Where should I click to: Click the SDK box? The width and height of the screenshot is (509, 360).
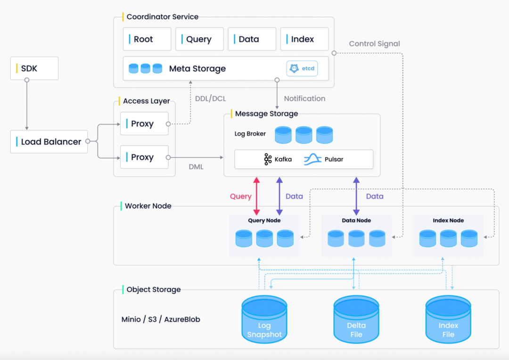point(34,68)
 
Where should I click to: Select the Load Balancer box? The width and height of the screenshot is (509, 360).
point(49,141)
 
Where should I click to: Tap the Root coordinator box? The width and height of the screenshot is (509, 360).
point(147,39)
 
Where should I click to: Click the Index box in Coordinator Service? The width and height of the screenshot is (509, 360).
point(304,39)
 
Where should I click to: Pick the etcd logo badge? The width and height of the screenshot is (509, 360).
point(302,68)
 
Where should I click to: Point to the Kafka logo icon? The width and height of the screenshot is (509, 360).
point(268,159)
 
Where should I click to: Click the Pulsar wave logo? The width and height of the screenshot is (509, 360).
point(312,159)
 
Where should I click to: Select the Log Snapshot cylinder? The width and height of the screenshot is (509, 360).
point(264,319)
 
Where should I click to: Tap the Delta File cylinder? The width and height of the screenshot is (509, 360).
point(356,319)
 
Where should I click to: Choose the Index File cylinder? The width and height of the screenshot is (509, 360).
point(448,319)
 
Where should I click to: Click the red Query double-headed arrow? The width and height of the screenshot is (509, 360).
point(256,196)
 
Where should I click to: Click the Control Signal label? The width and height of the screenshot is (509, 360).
point(374,43)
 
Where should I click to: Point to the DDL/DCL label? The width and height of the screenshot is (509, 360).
point(210,98)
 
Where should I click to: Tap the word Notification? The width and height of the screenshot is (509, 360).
point(304,98)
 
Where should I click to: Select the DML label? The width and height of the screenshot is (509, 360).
point(196,167)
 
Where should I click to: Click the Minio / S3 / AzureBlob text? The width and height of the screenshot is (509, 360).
point(161,319)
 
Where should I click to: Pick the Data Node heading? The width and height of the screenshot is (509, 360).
point(356,221)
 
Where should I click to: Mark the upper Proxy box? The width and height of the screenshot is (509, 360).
point(145,123)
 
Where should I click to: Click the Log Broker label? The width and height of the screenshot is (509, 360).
point(250,134)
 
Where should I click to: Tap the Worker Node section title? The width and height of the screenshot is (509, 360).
point(148,206)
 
